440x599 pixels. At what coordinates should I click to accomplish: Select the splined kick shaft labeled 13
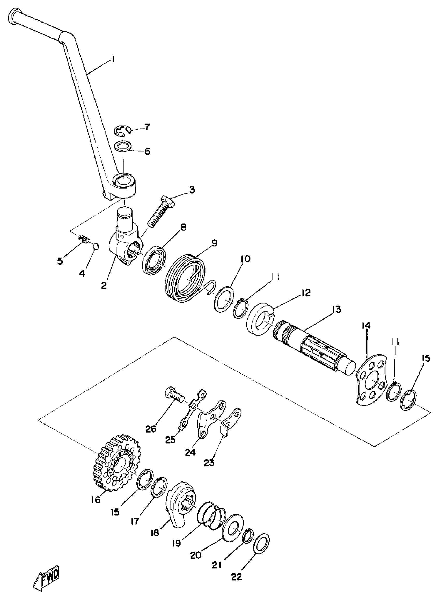click(314, 346)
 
